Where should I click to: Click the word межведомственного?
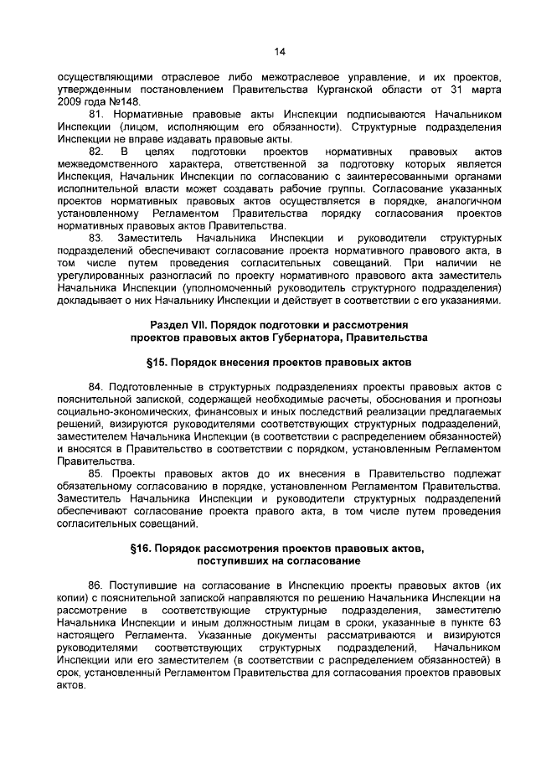[x=110, y=164]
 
